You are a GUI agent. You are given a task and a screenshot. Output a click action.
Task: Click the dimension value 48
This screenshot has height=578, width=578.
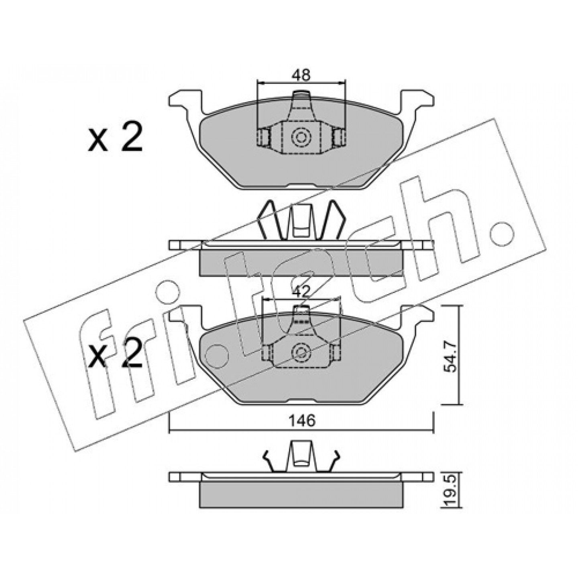pos(302,75)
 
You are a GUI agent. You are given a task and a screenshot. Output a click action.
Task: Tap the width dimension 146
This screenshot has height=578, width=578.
pos(302,421)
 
